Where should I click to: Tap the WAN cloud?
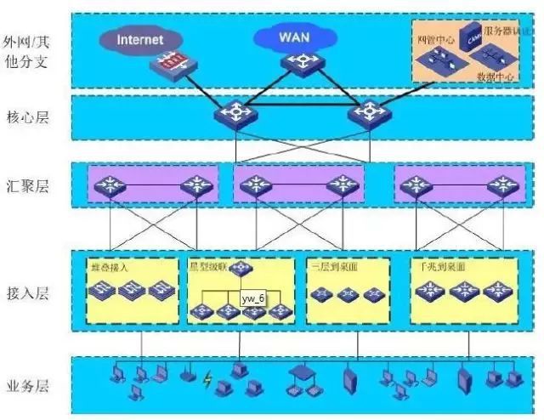pos(294,37)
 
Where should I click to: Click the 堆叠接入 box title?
pos(108,266)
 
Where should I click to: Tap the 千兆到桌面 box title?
pos(441,266)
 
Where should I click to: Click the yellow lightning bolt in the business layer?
pos(207,381)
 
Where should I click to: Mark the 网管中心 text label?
pos(435,39)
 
